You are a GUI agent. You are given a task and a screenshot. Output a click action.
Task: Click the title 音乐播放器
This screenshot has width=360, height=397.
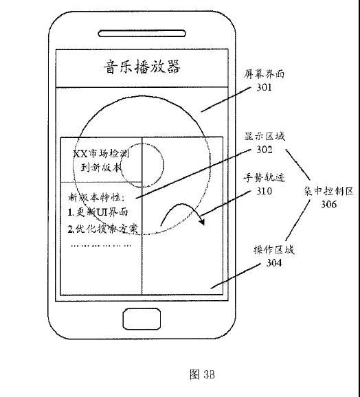coord(141,67)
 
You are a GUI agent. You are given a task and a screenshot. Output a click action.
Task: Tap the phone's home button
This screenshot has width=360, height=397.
coord(142,319)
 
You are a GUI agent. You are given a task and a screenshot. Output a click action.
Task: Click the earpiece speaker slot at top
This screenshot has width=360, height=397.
coord(142,28)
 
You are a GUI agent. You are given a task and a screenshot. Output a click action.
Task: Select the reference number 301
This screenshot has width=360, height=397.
coord(265,87)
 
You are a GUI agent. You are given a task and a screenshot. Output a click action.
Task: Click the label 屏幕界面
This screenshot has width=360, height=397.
coord(265,75)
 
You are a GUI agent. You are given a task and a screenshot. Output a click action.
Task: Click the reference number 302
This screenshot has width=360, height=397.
coord(265,148)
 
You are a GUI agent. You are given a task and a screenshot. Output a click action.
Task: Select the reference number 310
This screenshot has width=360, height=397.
coord(265,192)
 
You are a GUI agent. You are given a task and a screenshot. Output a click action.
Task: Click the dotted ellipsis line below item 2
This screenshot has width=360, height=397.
coord(101,245)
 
